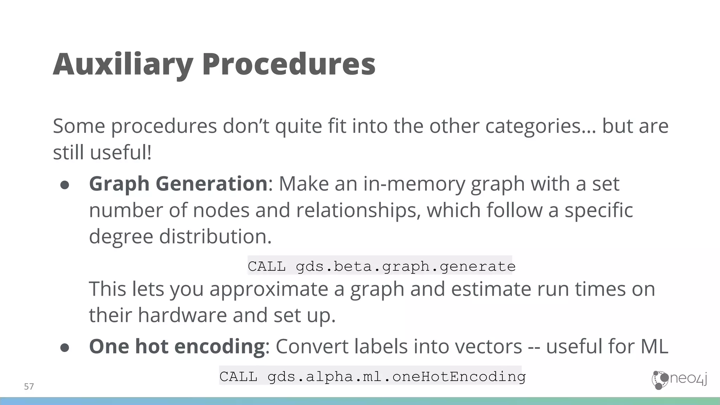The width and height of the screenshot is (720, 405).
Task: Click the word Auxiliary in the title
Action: [123, 64]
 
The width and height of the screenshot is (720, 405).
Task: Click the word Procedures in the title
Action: [289, 64]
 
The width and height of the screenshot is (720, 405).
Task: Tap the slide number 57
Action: [29, 387]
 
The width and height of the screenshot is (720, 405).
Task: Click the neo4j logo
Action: [679, 380]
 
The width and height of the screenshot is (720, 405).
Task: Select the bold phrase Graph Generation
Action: [178, 184]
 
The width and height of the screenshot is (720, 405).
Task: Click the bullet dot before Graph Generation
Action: [65, 185]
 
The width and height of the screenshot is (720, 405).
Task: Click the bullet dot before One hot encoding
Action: [65, 348]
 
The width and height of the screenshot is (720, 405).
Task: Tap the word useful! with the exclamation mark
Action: [121, 153]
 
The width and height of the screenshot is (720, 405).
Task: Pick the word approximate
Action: [269, 289]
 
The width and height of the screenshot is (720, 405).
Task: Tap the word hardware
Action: [182, 315]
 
